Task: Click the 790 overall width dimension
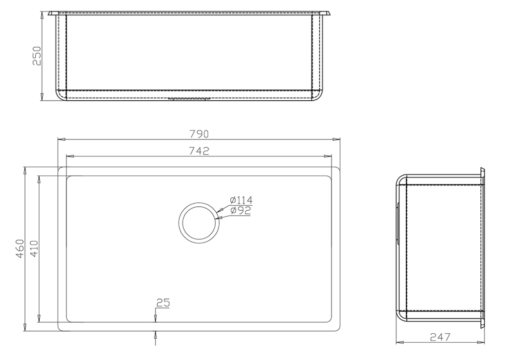coord(199,134)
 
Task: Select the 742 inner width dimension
coord(199,151)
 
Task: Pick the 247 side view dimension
coord(440,337)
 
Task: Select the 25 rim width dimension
coord(162,302)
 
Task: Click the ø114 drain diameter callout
coord(241,201)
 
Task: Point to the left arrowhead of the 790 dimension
coord(61,139)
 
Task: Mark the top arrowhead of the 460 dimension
coord(25,170)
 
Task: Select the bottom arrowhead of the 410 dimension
coord(39,320)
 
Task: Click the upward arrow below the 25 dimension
coord(156,335)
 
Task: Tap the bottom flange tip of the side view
coord(482,326)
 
